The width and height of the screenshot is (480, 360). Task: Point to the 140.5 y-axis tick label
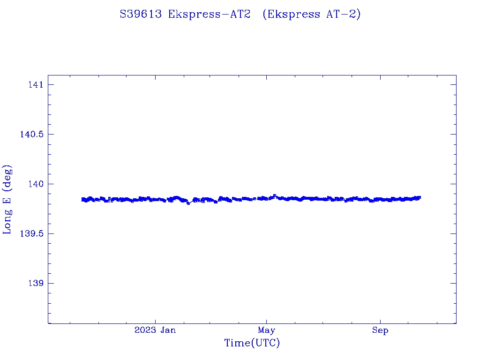pos(31,135)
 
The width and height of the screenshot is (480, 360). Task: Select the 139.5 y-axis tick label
pos(31,234)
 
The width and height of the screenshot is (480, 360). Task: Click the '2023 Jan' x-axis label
pos(155,330)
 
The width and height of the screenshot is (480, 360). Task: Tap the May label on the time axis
pos(266,330)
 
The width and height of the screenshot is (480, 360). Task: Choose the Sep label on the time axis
pos(380,330)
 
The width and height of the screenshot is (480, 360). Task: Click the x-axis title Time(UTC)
pos(252,344)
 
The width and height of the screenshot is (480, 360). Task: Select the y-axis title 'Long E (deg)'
pos(7,199)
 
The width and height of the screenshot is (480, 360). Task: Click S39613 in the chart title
pos(141,15)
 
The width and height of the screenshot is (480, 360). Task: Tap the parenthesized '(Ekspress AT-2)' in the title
pos(312,15)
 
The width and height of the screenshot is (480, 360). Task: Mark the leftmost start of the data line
pos(82,199)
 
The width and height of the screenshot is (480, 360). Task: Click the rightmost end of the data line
pos(420,197)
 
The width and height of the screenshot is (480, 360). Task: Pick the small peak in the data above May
pos(275,195)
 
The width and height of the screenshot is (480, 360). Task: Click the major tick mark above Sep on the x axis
pos(380,321)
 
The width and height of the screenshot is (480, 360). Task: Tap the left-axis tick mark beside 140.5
pos(51,134)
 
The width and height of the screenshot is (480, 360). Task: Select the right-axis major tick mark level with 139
pos(453,283)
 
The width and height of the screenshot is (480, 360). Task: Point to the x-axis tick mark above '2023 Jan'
pos(155,321)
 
